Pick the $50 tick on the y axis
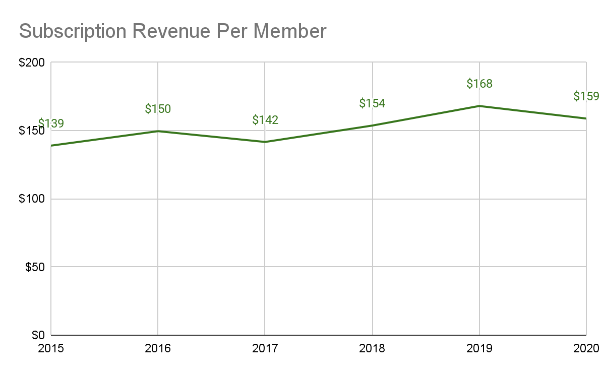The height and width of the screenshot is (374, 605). point(37,267)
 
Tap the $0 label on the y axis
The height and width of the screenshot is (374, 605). point(39,335)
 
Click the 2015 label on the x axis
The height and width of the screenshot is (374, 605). point(51,348)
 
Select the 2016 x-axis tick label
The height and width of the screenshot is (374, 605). point(158,348)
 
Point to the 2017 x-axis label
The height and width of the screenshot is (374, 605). point(265,348)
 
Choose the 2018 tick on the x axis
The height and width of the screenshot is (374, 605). point(372,348)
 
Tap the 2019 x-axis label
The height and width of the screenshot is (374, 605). point(479,348)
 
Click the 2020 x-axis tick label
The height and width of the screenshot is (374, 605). point(586,348)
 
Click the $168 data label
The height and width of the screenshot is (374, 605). point(479,84)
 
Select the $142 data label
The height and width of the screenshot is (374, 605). point(265,120)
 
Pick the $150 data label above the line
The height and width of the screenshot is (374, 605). point(158,109)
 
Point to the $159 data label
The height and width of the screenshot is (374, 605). point(586,96)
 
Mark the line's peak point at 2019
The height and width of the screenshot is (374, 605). point(479,106)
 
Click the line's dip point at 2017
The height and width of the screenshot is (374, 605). point(265,142)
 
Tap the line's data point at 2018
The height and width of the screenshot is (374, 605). point(372,126)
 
